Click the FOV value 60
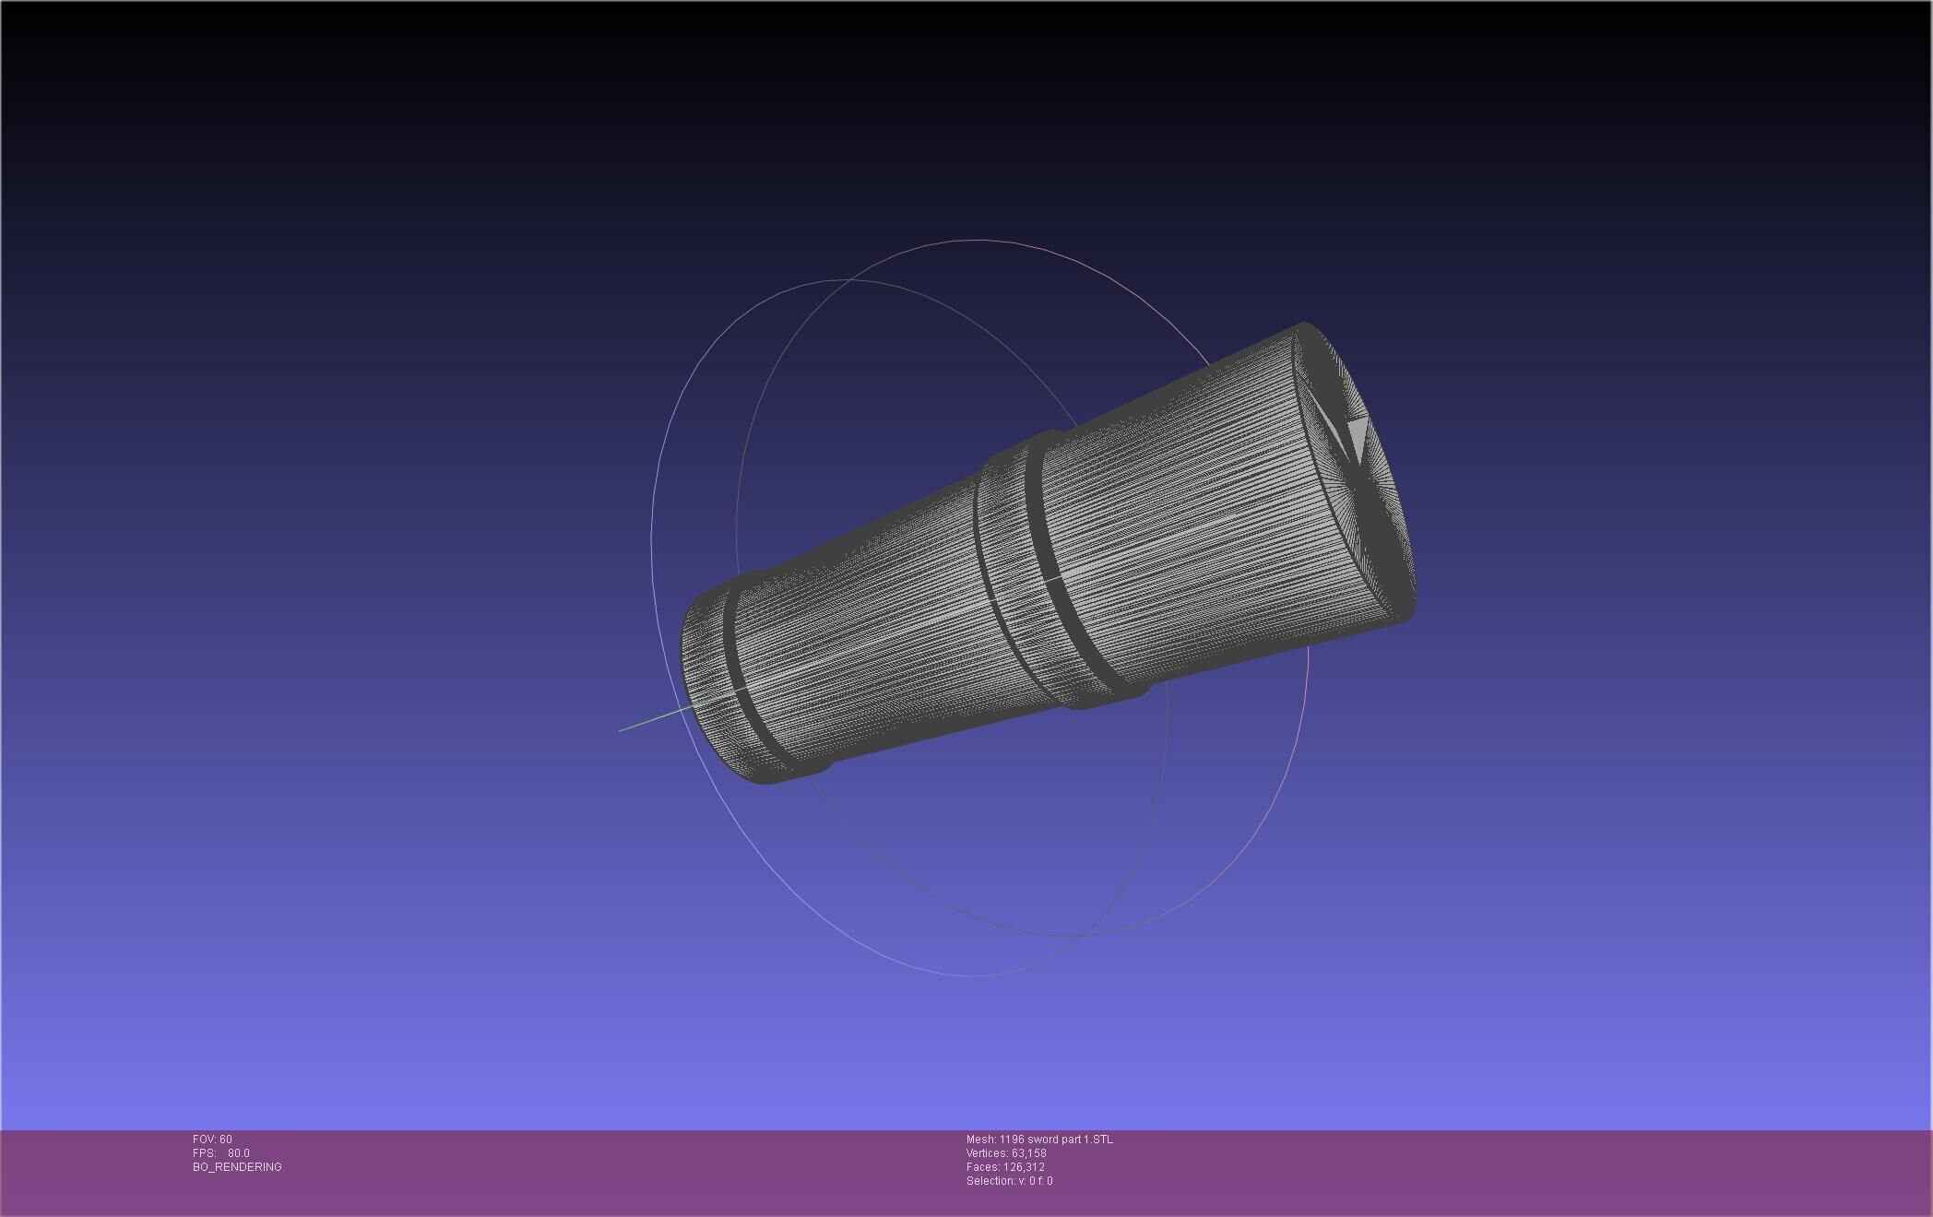[x=226, y=1140]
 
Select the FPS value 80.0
[x=238, y=1153]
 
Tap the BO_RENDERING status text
[x=237, y=1167]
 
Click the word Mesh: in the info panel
[x=980, y=1140]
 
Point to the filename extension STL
[x=1102, y=1140]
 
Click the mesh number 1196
[x=1012, y=1140]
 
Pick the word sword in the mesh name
[x=1041, y=1140]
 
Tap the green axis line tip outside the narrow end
[x=621, y=730]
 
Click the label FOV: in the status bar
[x=205, y=1140]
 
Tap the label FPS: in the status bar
[x=204, y=1153]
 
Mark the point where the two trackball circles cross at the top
[x=836, y=279]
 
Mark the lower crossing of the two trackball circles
[x=1088, y=935]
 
